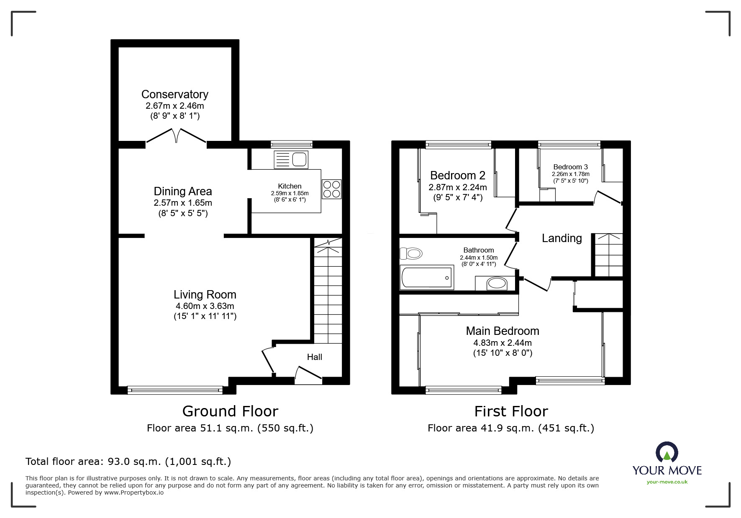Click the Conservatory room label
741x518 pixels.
(175, 94)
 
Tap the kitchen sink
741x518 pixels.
(291, 160)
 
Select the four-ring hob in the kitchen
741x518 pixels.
(332, 189)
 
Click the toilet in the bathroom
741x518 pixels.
(411, 253)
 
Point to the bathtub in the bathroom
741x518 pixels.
(427, 277)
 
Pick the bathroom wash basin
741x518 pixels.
(497, 283)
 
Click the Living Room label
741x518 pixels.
(205, 295)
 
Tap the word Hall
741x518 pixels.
(315, 357)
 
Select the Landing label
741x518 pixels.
(562, 238)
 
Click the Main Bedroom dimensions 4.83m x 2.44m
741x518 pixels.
(503, 343)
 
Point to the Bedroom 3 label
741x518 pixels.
(570, 167)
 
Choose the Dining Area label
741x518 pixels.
(183, 191)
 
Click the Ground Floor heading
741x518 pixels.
(230, 411)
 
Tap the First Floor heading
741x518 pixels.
(511, 411)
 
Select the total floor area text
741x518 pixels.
(128, 462)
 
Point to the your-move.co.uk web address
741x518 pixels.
(667, 482)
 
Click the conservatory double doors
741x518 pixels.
(176, 137)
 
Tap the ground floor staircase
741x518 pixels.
(328, 291)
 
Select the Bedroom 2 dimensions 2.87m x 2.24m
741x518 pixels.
(458, 187)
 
